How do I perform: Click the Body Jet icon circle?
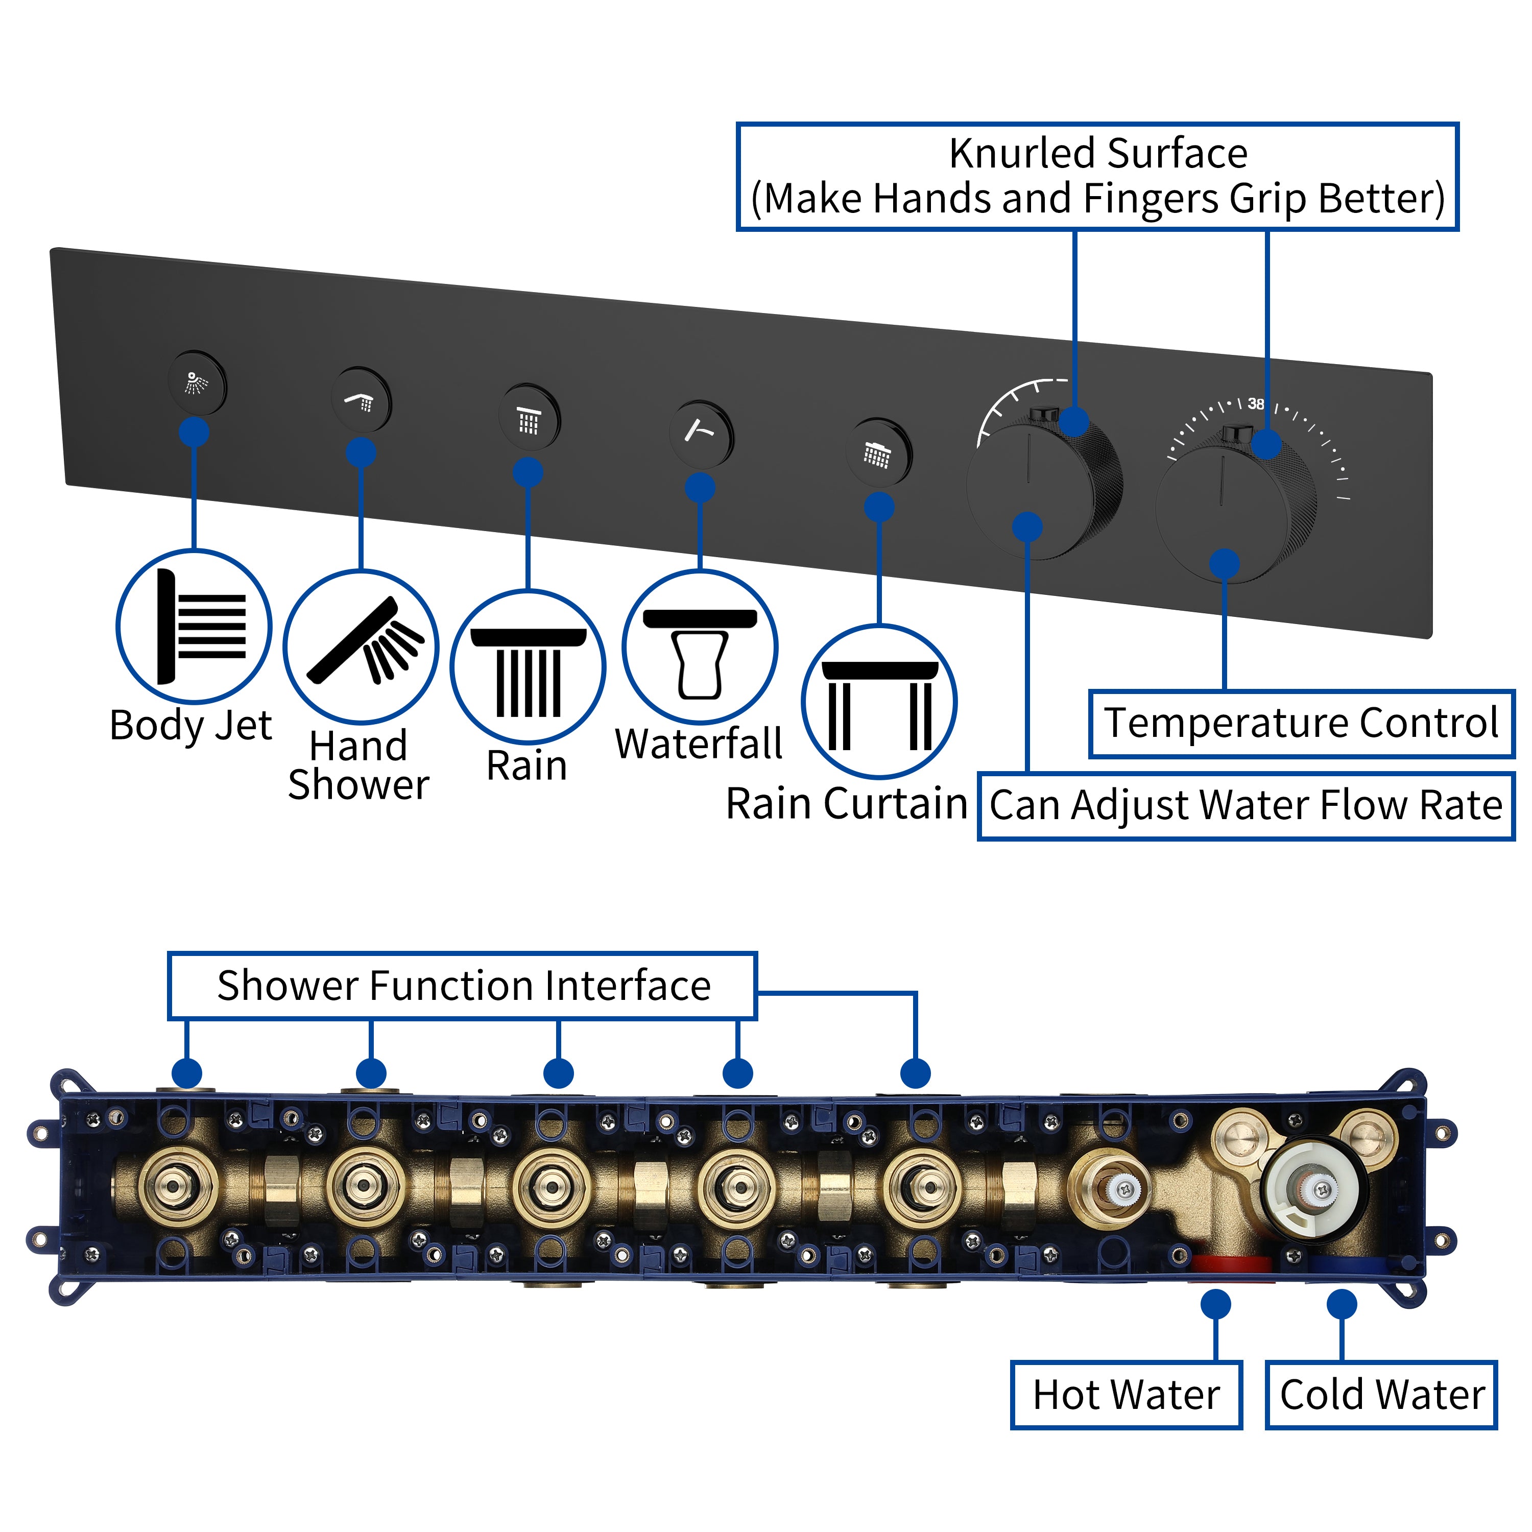pyautogui.click(x=194, y=627)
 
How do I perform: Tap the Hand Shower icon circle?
pyautogui.click(x=361, y=647)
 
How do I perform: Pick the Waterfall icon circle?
pyautogui.click(x=700, y=647)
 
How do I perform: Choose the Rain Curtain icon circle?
pyautogui.click(x=878, y=702)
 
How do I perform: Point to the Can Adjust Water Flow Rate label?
pyautogui.click(x=1245, y=806)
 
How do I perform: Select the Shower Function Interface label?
pyautogui.click(x=463, y=986)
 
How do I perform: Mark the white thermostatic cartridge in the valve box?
pyautogui.click(x=1312, y=1189)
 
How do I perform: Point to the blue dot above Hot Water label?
pyautogui.click(x=1215, y=1304)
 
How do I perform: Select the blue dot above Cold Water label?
pyautogui.click(x=1342, y=1304)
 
